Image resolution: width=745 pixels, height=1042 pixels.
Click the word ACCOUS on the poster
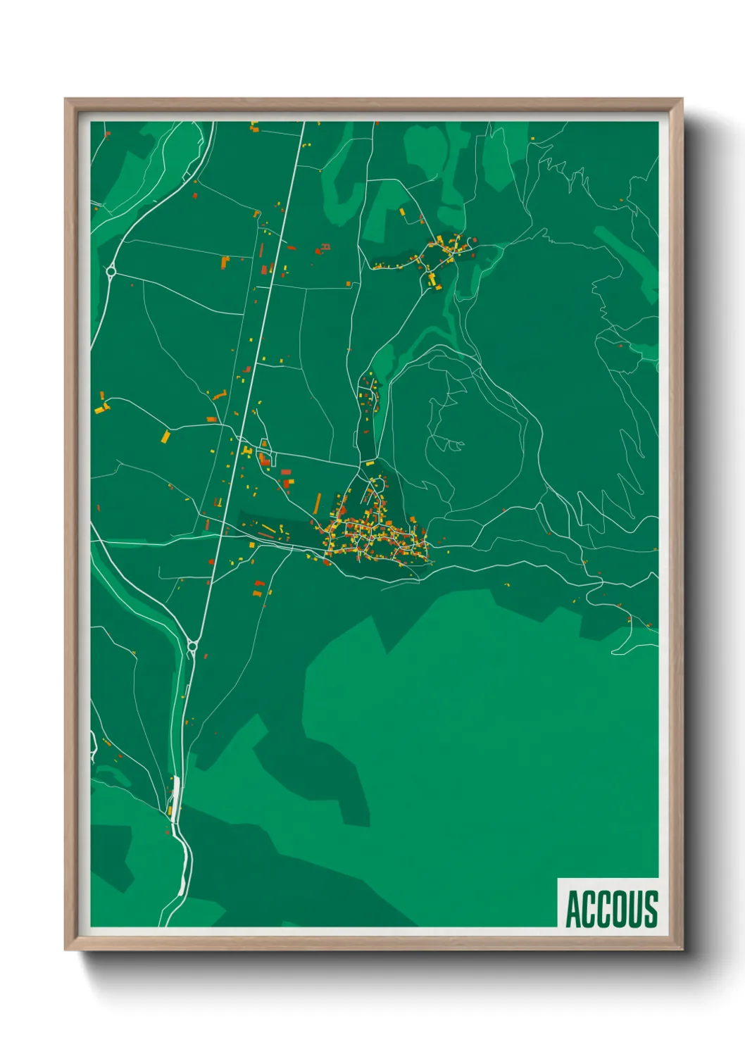(611, 909)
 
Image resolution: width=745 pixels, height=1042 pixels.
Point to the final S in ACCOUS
(651, 910)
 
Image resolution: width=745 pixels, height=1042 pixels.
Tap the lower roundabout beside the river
(192, 645)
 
